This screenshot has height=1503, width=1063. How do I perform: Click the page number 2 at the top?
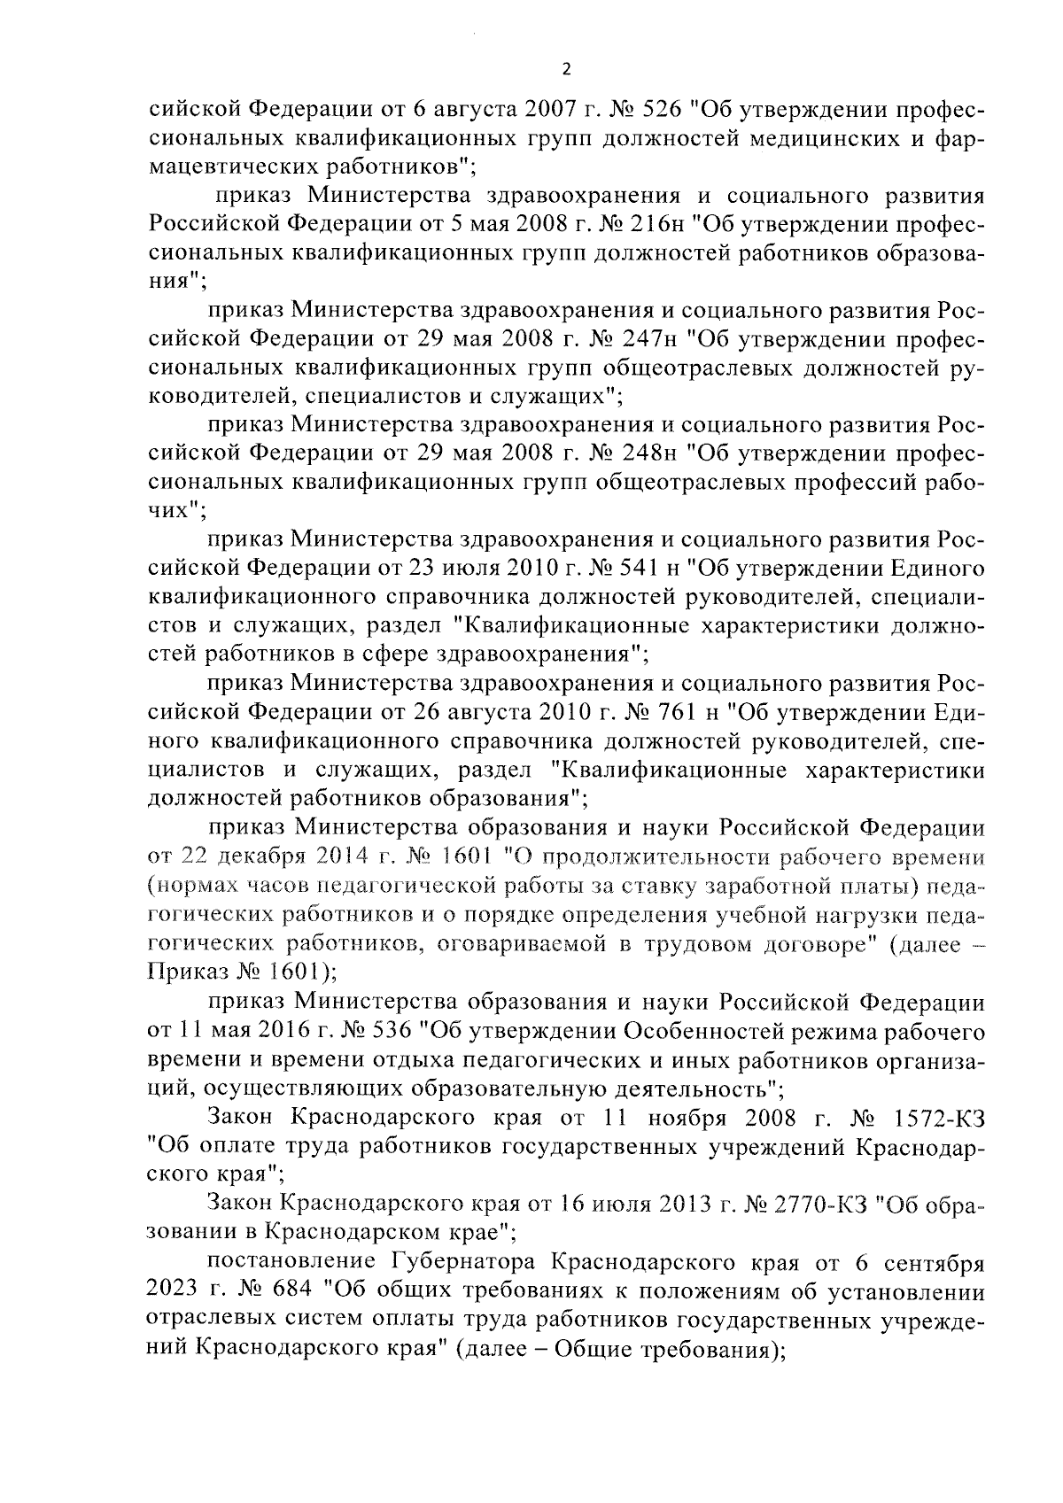566,71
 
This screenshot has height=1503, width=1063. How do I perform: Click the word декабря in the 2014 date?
262,856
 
